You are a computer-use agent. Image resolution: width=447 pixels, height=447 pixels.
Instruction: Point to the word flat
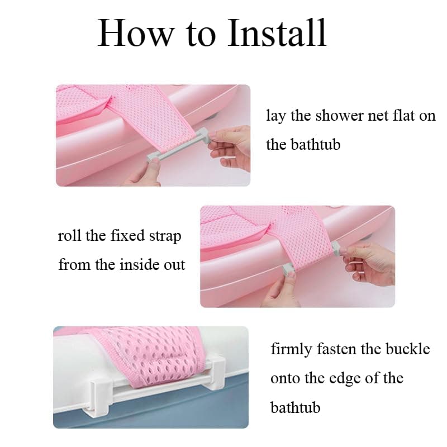point(404,116)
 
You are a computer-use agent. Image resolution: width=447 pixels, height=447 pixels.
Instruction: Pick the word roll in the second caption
point(70,236)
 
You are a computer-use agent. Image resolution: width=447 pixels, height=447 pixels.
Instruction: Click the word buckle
point(408,350)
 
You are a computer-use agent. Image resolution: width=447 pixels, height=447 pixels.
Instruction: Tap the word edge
point(349,379)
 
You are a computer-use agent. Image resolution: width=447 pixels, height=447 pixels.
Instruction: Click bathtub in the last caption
point(296,407)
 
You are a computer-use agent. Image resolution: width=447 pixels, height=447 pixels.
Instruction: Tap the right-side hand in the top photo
point(231,146)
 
